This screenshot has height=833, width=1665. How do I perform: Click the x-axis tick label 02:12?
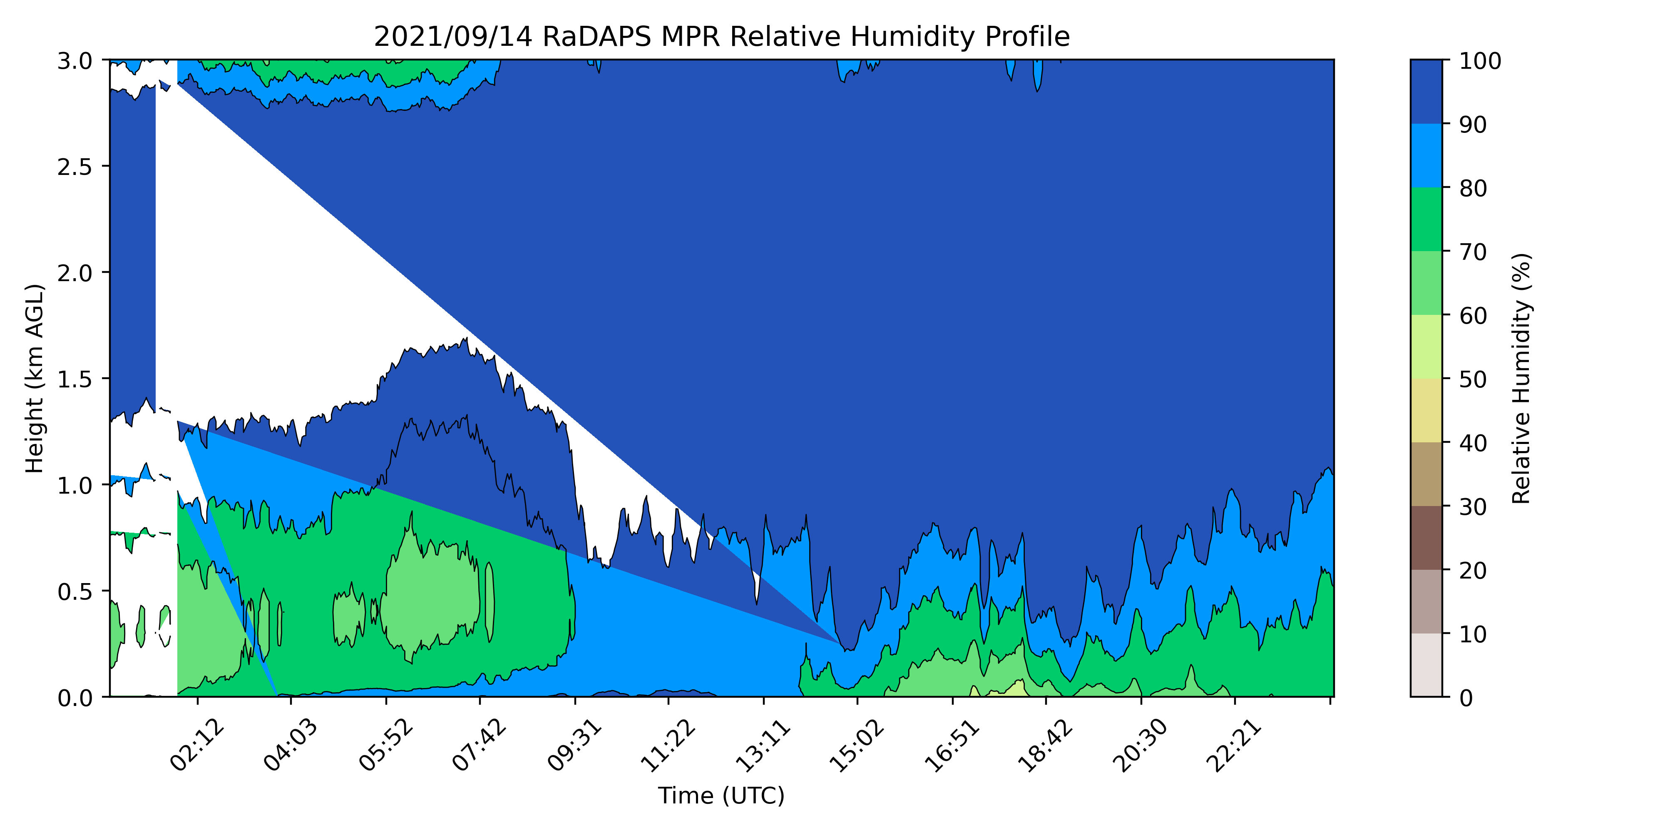tap(198, 746)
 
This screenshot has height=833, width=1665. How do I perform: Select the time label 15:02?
tap(857, 746)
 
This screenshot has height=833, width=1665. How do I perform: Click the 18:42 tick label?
tap(1046, 746)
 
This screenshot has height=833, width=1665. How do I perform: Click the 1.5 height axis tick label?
tap(75, 379)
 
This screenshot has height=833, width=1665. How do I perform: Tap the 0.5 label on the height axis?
tap(75, 591)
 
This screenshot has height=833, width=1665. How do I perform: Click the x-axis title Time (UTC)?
tap(721, 796)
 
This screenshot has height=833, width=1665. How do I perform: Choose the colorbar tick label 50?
tap(1474, 379)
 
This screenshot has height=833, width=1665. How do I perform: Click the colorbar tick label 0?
tap(1466, 698)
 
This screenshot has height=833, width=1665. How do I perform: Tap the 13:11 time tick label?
tap(764, 746)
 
